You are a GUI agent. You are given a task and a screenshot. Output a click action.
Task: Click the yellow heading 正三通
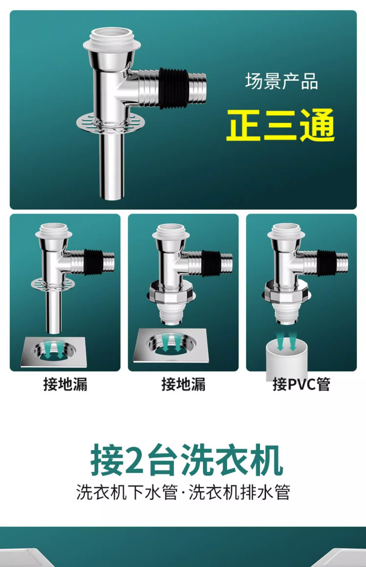click(280, 125)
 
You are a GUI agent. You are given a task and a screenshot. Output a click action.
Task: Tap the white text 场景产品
click(282, 81)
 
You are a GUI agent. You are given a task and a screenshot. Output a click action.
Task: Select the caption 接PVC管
click(301, 384)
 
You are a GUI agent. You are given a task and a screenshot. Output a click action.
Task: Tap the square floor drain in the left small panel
click(54, 352)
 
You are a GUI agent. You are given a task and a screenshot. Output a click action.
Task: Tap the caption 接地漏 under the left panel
click(65, 384)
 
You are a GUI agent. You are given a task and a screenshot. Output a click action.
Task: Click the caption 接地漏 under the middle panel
click(183, 384)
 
